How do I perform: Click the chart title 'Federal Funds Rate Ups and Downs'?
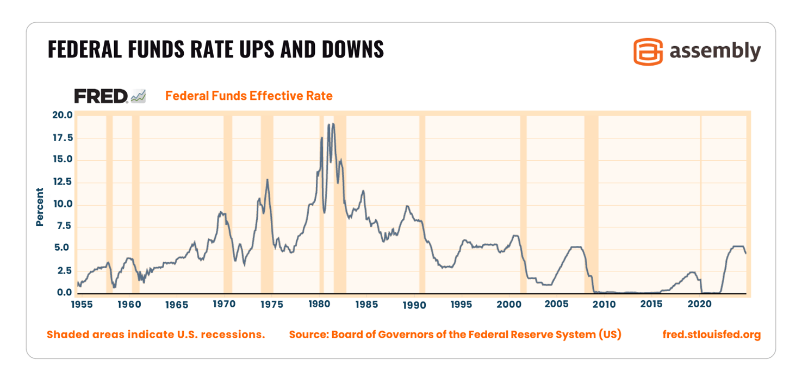pyautogui.click(x=215, y=49)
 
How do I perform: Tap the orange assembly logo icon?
pyautogui.click(x=648, y=52)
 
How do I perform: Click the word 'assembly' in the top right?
pyautogui.click(x=714, y=52)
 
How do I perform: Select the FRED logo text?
pyautogui.click(x=101, y=96)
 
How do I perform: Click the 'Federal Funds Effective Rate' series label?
pyautogui.click(x=248, y=96)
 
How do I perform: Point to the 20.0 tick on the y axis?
pyautogui.click(x=61, y=115)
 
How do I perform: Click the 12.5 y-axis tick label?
pyautogui.click(x=61, y=182)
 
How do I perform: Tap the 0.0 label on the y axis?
pyautogui.click(x=64, y=293)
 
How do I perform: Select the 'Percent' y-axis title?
pyautogui.click(x=40, y=206)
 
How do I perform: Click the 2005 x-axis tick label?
pyautogui.click(x=557, y=305)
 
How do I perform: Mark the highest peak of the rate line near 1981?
pyautogui.click(x=333, y=124)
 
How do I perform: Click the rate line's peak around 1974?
pyautogui.click(x=267, y=180)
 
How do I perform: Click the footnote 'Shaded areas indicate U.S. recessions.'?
pyautogui.click(x=156, y=334)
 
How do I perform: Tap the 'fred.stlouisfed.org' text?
pyautogui.click(x=711, y=334)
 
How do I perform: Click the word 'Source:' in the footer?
pyautogui.click(x=306, y=334)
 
